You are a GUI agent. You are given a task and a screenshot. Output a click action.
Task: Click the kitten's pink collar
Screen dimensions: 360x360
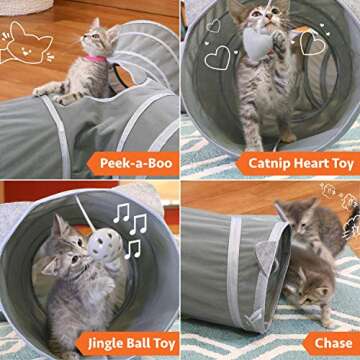click(95, 59)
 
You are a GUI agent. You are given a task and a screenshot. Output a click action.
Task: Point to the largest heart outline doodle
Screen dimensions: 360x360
click(217, 58)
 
